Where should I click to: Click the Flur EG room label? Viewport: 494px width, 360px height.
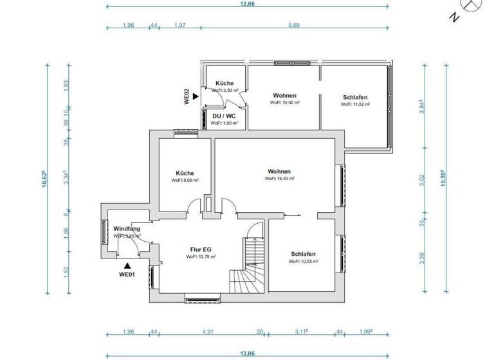click(x=201, y=249)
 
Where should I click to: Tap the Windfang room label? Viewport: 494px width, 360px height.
click(x=127, y=229)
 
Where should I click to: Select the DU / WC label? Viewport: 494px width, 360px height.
click(x=224, y=116)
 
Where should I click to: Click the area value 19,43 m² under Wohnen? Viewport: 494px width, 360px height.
click(x=279, y=179)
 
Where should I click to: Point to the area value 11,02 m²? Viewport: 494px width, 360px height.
click(x=355, y=104)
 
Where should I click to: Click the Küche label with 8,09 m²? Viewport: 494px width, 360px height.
click(x=185, y=173)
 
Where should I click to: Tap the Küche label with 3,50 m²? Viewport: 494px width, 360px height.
click(x=224, y=84)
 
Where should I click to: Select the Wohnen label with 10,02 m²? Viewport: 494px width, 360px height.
click(x=284, y=95)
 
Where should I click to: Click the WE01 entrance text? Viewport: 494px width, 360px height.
click(x=127, y=274)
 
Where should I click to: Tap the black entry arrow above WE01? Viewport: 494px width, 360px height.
click(x=127, y=264)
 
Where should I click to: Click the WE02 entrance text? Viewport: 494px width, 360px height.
click(x=187, y=96)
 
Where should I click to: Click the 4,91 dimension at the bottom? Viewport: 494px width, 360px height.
click(x=207, y=332)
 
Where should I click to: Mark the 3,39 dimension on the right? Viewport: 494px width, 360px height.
click(x=422, y=258)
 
